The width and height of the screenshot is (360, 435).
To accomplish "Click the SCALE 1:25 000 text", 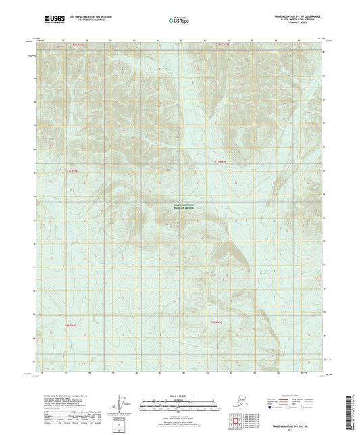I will coord(180,396).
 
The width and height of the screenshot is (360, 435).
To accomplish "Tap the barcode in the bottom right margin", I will coord(354,411).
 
